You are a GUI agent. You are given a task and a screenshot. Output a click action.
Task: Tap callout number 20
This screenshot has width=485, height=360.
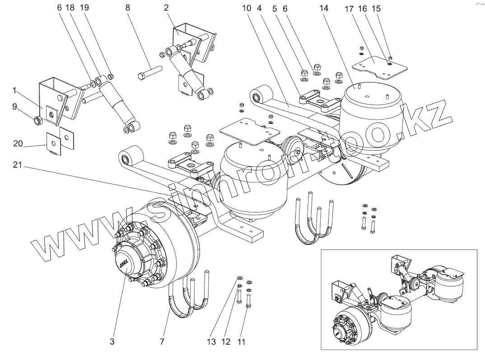tap(18, 144)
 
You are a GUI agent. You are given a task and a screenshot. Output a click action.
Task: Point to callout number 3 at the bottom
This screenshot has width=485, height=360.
tap(112, 342)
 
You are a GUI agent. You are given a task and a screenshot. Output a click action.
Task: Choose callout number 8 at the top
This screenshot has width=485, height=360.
tap(127, 8)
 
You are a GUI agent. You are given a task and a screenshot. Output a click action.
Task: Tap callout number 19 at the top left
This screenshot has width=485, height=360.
tap(84, 8)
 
